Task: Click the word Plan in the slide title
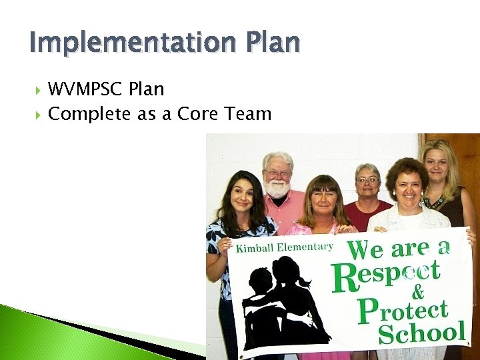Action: tap(275, 43)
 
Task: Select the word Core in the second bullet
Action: tap(195, 114)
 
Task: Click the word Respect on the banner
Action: tap(386, 275)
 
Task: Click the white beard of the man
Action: tap(277, 189)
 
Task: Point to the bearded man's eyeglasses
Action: tap(277, 173)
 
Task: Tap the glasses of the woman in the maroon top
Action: tap(368, 180)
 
